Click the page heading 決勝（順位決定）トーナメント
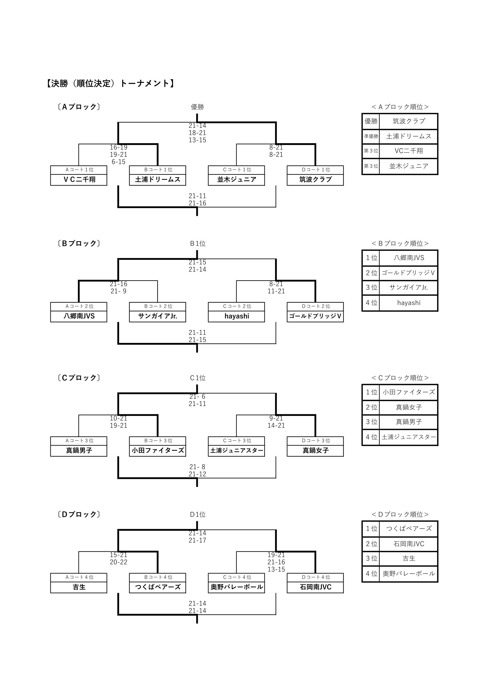pos(110,83)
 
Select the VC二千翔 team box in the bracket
pos(79,179)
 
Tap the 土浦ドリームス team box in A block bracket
pos(158,179)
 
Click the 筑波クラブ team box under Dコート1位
pos(315,179)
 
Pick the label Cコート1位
pos(237,170)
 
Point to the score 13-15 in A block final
pos(197,140)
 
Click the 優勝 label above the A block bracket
pos(197,107)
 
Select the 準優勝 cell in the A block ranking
pos(371,136)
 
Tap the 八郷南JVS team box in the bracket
pos(79,316)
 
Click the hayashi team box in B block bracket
pos(237,316)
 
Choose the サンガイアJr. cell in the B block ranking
pos(409,287)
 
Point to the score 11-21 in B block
pos(276,291)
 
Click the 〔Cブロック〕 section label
pos(79,378)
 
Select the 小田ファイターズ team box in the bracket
pos(158,451)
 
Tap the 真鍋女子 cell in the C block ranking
pos(409,408)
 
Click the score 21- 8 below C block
pos(197,467)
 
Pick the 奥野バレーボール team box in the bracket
pos(237,587)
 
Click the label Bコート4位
pos(158,577)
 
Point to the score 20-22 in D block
pos(118,562)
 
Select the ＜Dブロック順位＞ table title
pos(400,515)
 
